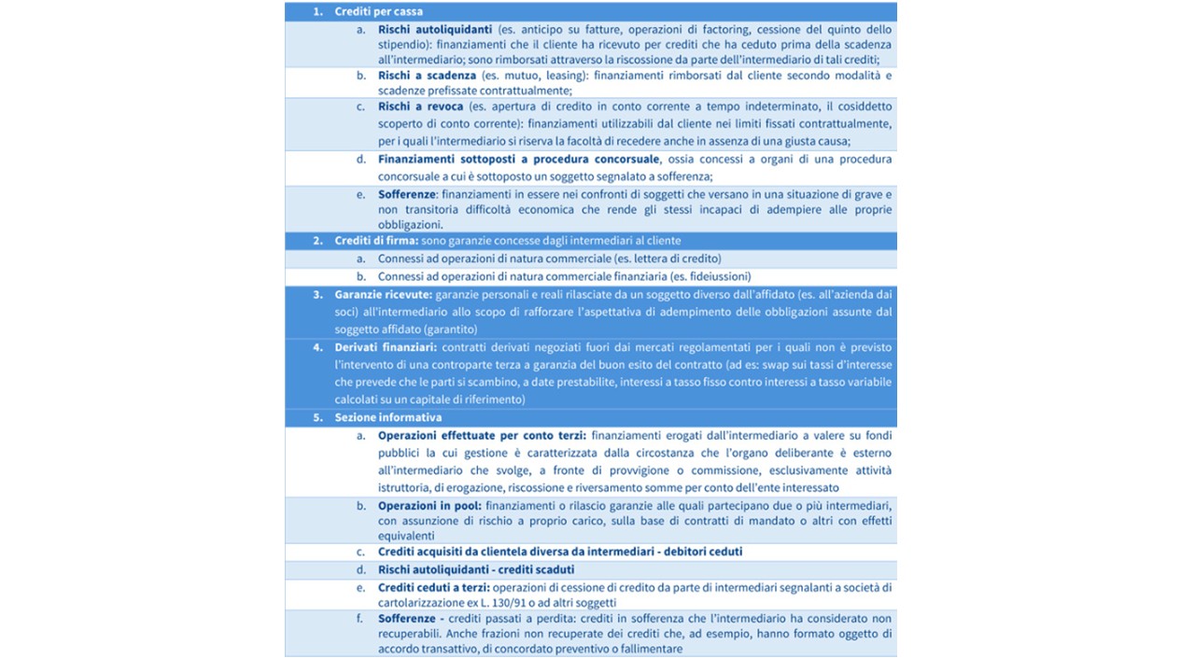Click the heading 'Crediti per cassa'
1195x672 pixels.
pyautogui.click(x=378, y=12)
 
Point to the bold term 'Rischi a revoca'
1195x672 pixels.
pyautogui.click(x=421, y=106)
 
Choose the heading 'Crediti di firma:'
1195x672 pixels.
pyautogui.click(x=370, y=241)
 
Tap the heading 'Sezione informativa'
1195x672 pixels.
pyautogui.click(x=388, y=417)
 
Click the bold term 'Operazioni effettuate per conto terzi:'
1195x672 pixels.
pyautogui.click(x=482, y=435)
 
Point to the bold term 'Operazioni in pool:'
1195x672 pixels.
pyautogui.click(x=430, y=505)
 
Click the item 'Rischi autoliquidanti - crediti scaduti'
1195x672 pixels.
pyautogui.click(x=476, y=569)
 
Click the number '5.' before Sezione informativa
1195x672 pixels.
pyautogui.click(x=318, y=417)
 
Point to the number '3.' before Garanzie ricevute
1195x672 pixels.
pyautogui.click(x=318, y=294)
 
